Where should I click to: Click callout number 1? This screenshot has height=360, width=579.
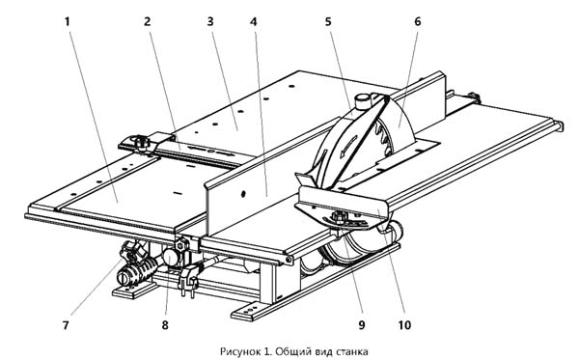(x=68, y=22)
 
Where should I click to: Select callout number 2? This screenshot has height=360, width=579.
(x=148, y=22)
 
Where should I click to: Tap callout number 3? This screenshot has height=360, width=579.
(x=210, y=22)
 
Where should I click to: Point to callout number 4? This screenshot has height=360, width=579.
(x=253, y=22)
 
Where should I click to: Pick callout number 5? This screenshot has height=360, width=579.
(x=328, y=22)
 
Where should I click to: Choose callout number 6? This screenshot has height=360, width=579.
(x=417, y=22)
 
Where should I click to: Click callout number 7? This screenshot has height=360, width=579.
(x=66, y=325)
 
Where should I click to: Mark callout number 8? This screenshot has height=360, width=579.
(x=165, y=325)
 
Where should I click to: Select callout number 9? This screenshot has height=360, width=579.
(x=362, y=325)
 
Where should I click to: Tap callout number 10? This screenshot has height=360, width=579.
(x=404, y=325)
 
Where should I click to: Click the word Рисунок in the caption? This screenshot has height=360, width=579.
(x=240, y=350)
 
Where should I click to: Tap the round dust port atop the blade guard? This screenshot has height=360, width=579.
(x=363, y=100)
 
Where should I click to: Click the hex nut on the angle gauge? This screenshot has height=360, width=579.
(x=339, y=216)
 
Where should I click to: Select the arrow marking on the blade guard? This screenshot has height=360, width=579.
(x=348, y=147)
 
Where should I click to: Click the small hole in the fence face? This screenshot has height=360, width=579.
(x=243, y=193)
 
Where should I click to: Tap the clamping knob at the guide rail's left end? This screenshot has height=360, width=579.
(x=141, y=142)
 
